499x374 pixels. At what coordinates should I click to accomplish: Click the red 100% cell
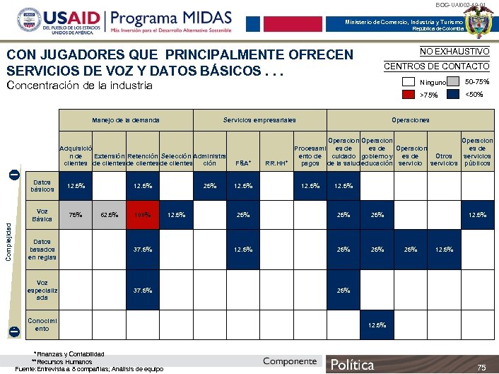143,215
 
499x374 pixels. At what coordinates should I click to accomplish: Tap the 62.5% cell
109,215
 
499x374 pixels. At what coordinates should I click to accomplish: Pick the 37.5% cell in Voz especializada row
143,291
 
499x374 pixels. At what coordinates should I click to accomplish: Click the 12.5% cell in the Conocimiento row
377,325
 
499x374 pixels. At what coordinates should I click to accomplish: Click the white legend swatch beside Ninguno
408,83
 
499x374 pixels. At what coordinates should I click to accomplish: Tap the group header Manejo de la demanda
125,121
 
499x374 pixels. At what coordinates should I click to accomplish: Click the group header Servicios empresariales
259,121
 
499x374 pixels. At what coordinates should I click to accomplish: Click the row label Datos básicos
42,186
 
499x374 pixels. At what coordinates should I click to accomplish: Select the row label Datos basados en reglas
43,249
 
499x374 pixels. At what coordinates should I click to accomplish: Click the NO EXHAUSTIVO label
454,52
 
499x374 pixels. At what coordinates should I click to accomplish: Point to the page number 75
481,367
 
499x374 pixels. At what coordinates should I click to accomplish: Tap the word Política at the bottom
353,365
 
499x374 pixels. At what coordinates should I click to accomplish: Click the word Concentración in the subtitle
40,86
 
